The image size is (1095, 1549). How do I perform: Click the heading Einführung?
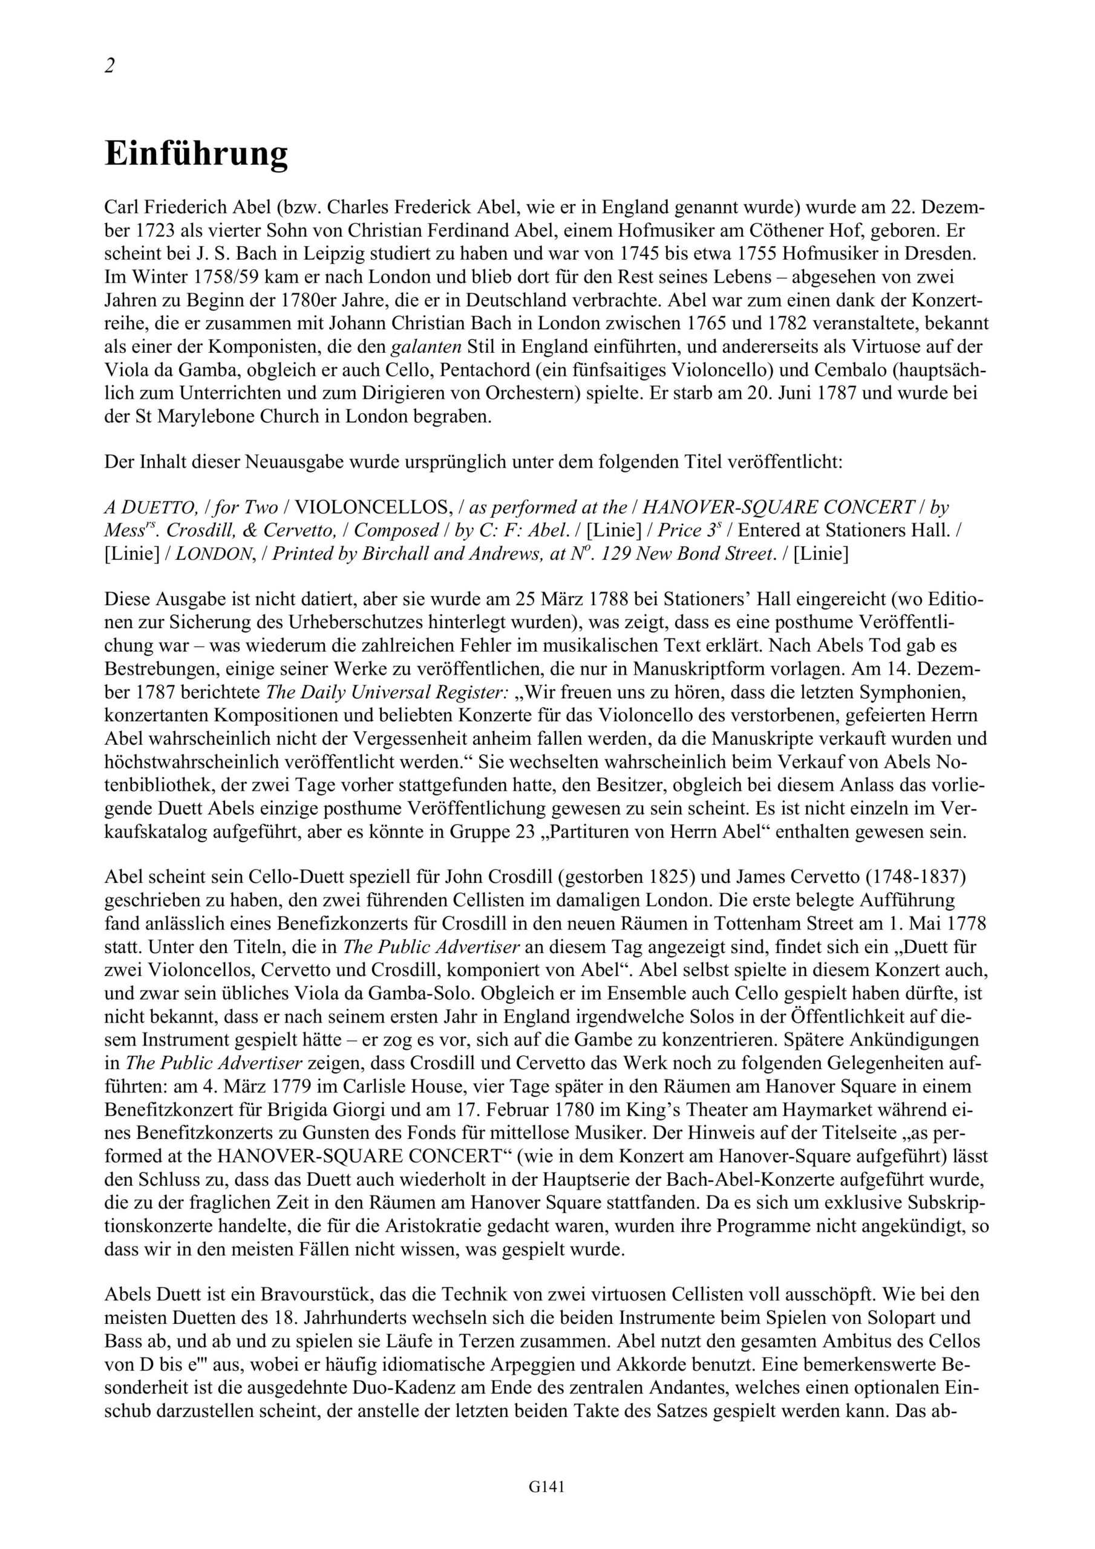tap(197, 154)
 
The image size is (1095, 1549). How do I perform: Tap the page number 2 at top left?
tap(109, 65)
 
